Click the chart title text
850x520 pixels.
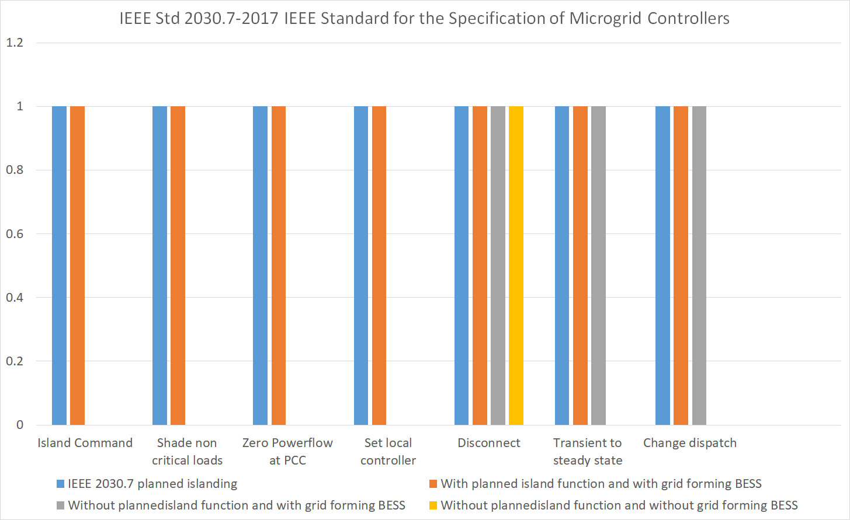click(424, 19)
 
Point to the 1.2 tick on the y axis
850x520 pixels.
click(15, 43)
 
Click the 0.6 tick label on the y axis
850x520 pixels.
click(15, 234)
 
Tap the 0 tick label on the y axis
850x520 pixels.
click(20, 425)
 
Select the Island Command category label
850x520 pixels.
click(85, 443)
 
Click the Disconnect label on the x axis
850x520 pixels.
click(488, 443)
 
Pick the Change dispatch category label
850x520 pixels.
click(689, 443)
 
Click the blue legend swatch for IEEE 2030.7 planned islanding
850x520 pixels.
click(60, 484)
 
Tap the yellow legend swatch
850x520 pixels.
click(433, 505)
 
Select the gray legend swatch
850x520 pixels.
click(60, 505)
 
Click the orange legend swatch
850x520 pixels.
click(433, 484)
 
